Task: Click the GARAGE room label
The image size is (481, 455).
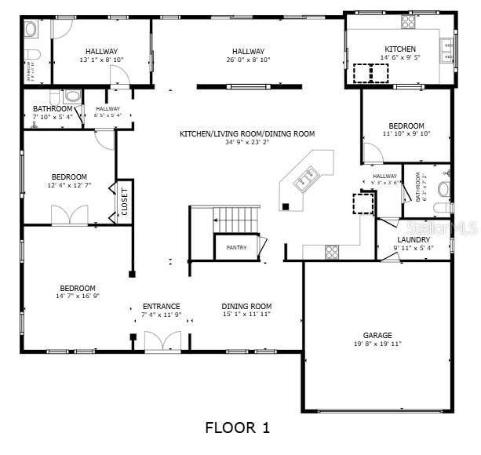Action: pyautogui.click(x=377, y=335)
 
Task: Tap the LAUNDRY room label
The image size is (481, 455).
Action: pyautogui.click(x=413, y=240)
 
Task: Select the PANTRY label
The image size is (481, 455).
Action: pyautogui.click(x=236, y=248)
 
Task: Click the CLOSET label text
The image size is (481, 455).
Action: pyautogui.click(x=124, y=202)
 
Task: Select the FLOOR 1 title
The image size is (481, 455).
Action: pyautogui.click(x=238, y=428)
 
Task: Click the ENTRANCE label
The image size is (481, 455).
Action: pyautogui.click(x=161, y=306)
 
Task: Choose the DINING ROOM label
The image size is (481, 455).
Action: pyautogui.click(x=246, y=306)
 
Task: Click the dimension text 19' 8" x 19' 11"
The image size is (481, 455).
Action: pyautogui.click(x=377, y=344)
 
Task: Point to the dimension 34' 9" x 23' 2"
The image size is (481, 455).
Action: pyautogui.click(x=247, y=143)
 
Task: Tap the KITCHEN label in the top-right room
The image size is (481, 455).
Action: pyautogui.click(x=399, y=49)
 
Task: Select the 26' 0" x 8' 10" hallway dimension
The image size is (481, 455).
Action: pyautogui.click(x=247, y=60)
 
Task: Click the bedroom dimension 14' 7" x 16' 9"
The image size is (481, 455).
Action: pyautogui.click(x=76, y=297)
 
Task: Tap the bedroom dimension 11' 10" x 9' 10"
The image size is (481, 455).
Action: pyautogui.click(x=406, y=134)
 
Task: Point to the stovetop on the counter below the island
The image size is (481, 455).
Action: pyautogui.click(x=332, y=251)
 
